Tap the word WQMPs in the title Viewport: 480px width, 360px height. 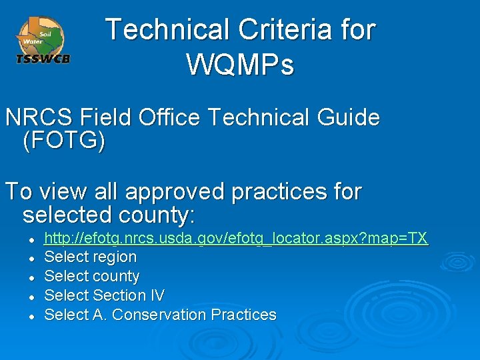click(x=240, y=65)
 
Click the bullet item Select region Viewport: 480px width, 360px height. click(x=90, y=257)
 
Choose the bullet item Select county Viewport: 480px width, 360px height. click(x=91, y=276)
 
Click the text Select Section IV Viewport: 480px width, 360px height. click(x=104, y=295)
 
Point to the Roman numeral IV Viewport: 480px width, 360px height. click(x=157, y=295)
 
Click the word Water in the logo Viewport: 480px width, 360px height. click(x=33, y=41)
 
